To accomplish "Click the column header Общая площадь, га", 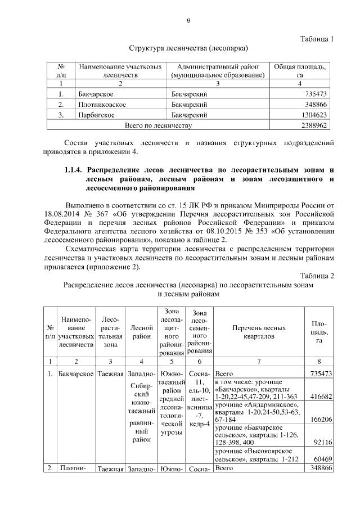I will coord(300,70).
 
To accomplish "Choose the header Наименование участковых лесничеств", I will coord(120,70).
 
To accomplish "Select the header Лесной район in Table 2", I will coord(141,328).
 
